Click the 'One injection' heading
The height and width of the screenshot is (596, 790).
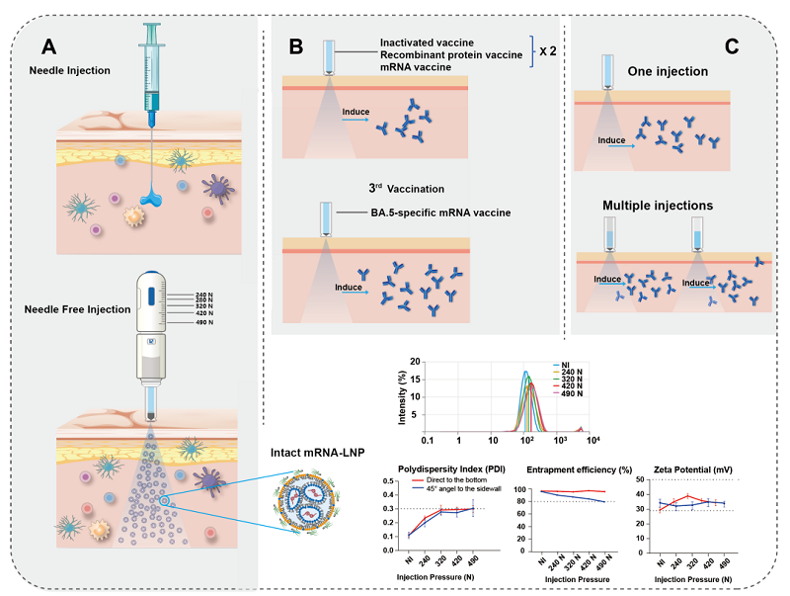pos(669,71)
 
